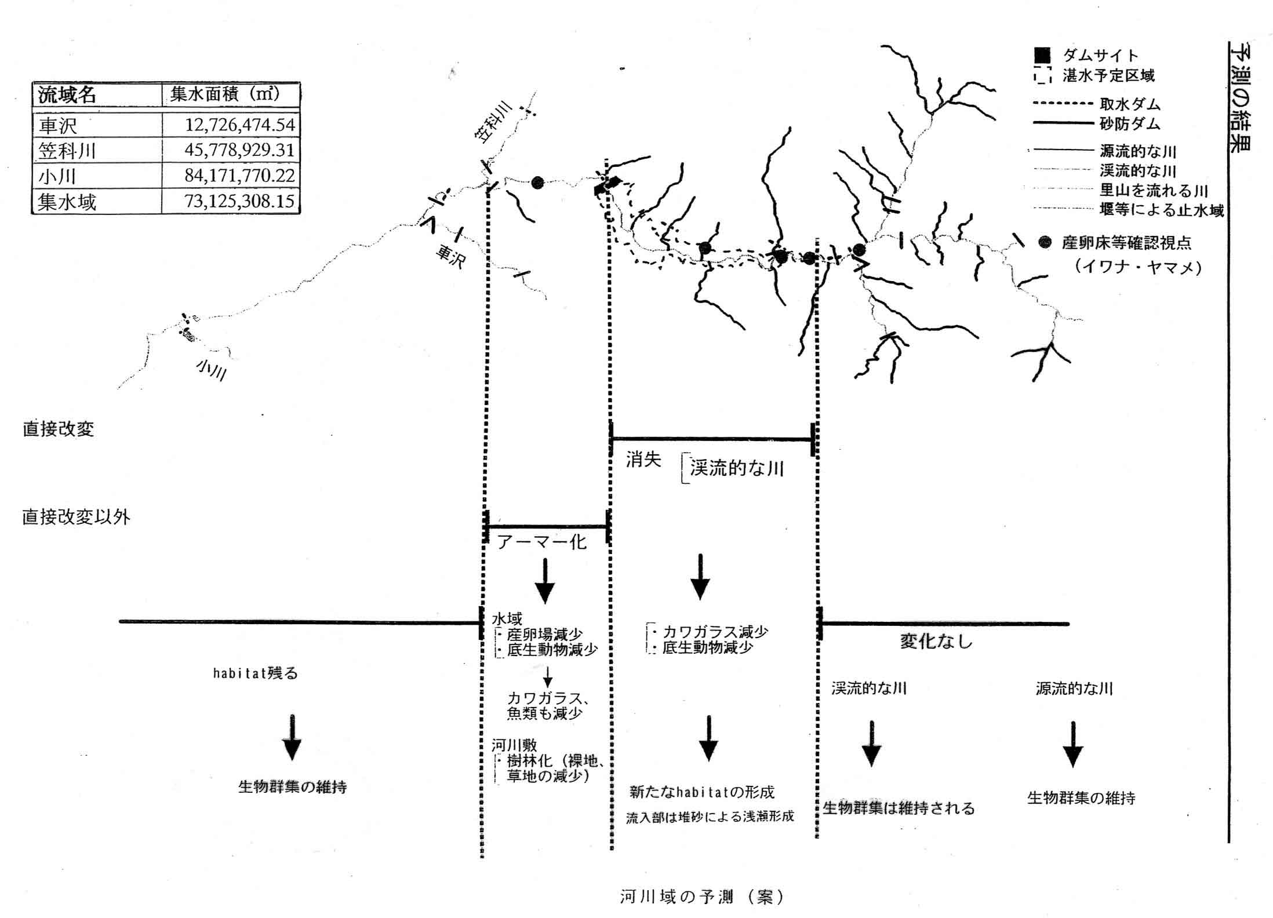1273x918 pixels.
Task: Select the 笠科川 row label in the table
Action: pos(67,151)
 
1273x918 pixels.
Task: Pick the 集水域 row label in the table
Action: pos(67,202)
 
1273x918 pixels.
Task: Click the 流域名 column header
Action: pos(67,95)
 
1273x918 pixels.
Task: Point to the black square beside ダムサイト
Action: pos(1042,55)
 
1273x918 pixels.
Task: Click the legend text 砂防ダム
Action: pos(1130,123)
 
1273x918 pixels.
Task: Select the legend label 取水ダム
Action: pos(1130,104)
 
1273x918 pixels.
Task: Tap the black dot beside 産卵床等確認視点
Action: pos(1045,242)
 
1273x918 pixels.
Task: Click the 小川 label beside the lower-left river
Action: pos(211,369)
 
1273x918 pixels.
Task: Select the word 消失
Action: pos(643,460)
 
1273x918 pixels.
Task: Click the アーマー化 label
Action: pos(542,542)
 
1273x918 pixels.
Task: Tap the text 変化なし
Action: pos(936,641)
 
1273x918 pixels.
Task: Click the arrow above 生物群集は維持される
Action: pos(871,744)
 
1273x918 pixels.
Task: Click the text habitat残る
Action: pos(255,673)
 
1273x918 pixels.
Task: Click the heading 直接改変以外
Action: pos(76,517)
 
